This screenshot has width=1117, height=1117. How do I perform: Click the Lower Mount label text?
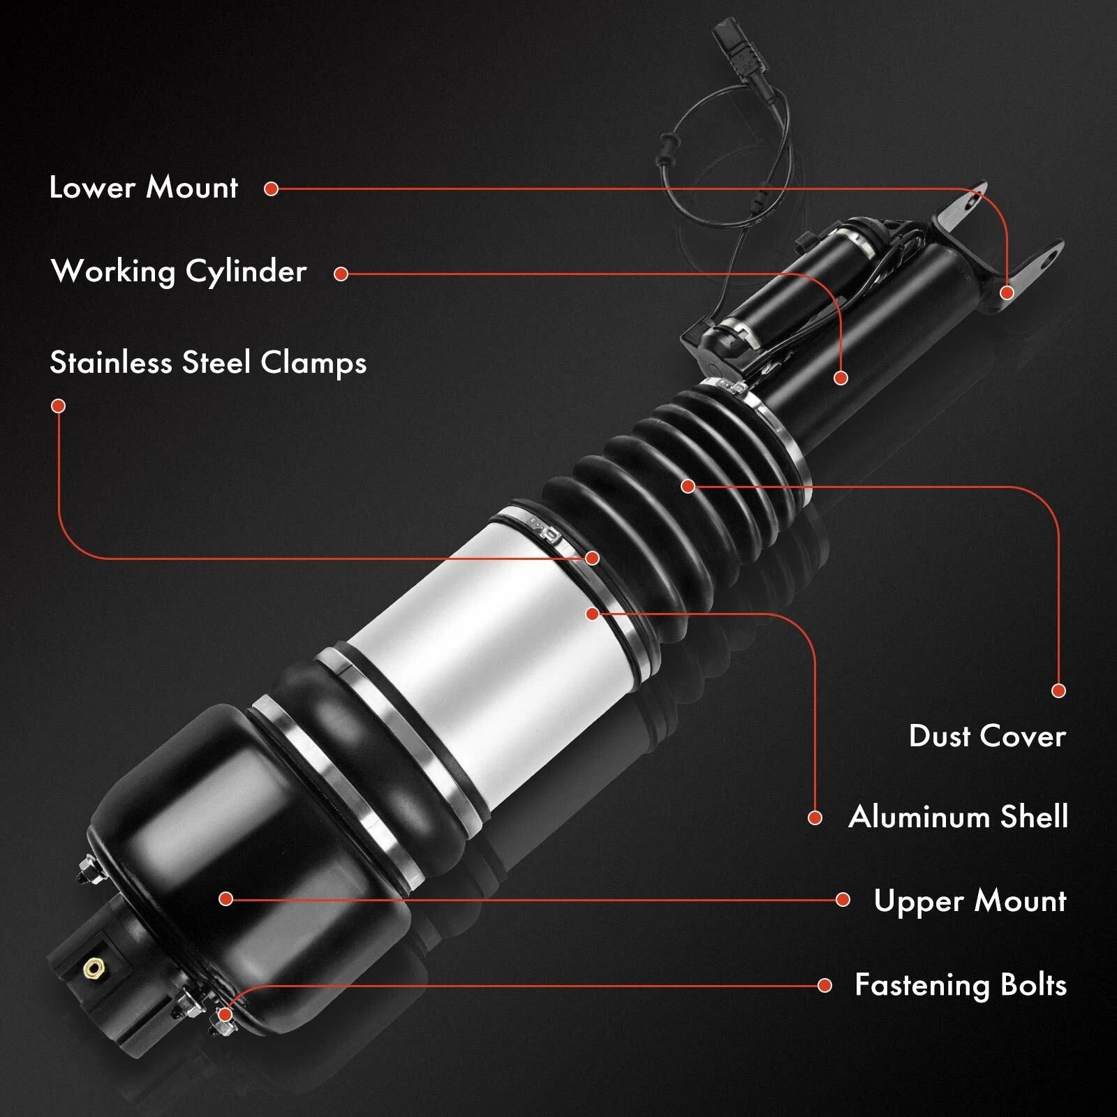click(144, 188)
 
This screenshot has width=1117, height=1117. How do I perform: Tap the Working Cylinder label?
click(179, 272)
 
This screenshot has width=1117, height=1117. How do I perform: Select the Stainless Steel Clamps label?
click(208, 363)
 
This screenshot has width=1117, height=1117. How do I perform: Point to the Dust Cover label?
click(987, 736)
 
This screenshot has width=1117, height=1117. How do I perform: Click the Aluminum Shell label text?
click(958, 817)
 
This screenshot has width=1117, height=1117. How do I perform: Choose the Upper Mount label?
click(970, 901)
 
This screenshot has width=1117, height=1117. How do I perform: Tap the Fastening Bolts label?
click(961, 985)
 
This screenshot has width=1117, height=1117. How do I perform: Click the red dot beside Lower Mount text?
click(272, 188)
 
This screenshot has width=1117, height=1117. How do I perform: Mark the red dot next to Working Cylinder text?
click(341, 274)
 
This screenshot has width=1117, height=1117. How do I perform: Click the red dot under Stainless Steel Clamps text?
click(59, 406)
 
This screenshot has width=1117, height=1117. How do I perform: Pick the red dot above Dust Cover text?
click(1058, 690)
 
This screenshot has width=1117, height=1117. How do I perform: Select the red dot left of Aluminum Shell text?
click(815, 818)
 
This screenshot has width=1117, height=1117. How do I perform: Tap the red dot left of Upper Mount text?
click(843, 900)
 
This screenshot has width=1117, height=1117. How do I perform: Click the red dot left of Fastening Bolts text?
click(824, 985)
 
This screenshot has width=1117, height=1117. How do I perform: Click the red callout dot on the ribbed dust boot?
click(688, 486)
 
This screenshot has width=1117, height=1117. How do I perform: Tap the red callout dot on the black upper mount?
click(225, 898)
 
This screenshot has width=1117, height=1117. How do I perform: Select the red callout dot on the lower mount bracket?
click(1006, 292)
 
